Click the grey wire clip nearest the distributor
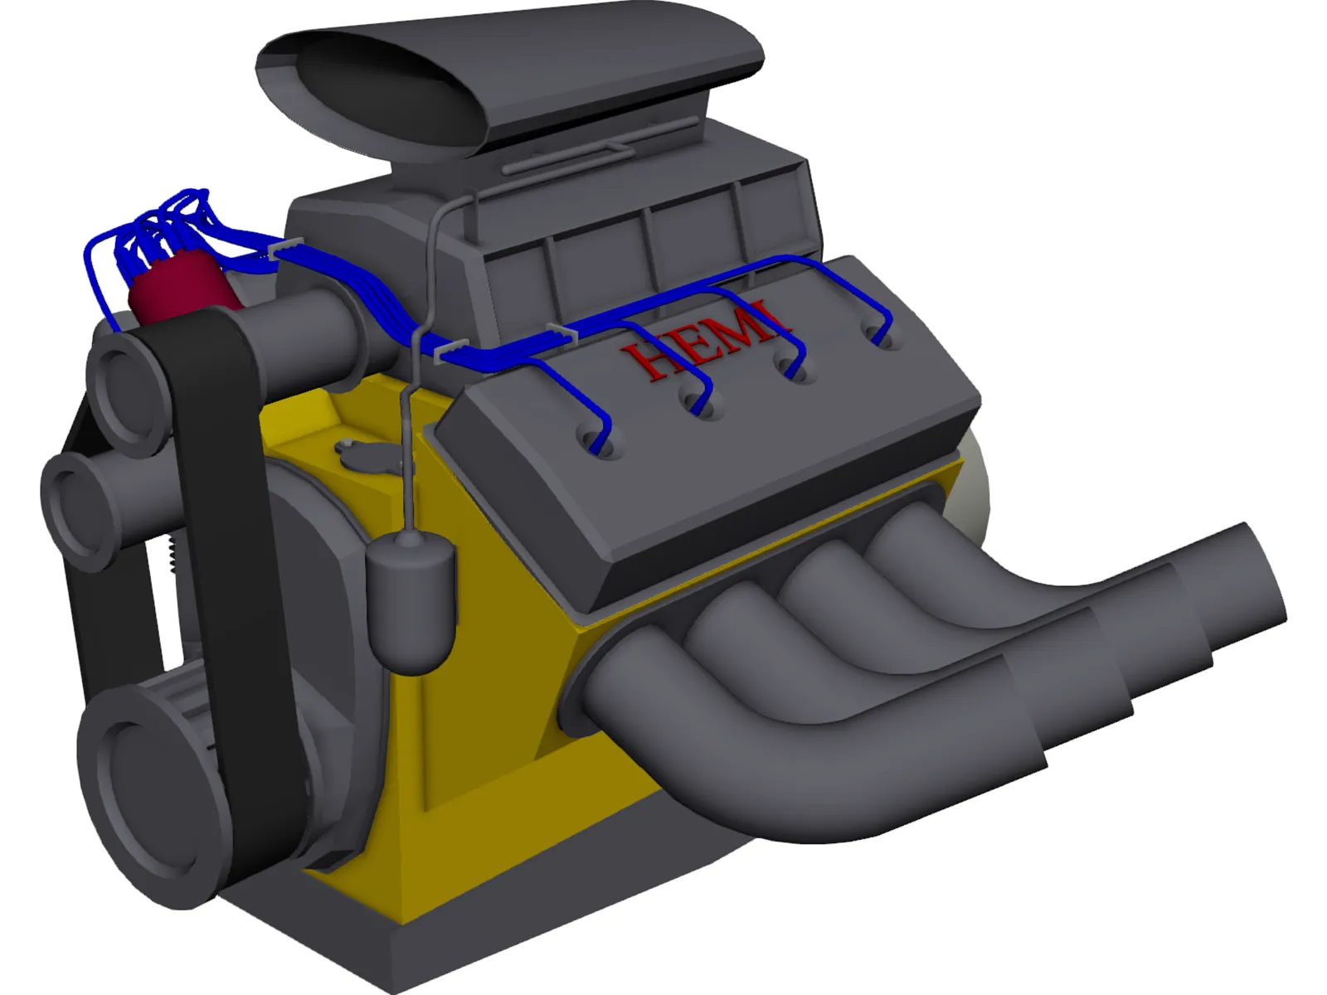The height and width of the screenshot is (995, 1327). (284, 247)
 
